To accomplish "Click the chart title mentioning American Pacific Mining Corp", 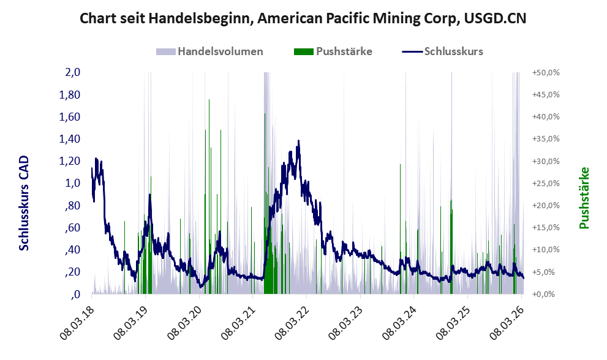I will pos(303,19).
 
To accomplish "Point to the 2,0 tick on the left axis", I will pos(72,72).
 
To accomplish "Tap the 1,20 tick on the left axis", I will pos(69,161).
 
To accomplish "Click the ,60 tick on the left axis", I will pos(72,228).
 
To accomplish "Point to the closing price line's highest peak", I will pos(298,141).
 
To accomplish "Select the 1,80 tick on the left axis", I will pos(69,95).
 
